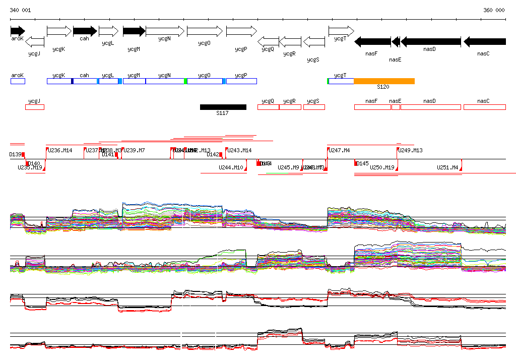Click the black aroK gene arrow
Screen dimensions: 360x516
coord(17,31)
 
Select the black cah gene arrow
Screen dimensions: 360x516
coord(85,31)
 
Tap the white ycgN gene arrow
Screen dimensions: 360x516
coord(164,31)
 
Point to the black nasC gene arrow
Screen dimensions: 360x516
coord(484,41)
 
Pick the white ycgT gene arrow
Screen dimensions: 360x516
coord(341,31)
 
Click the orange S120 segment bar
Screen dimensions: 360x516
coord(384,81)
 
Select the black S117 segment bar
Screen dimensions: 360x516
coord(223,107)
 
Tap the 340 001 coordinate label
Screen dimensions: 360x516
coord(20,10)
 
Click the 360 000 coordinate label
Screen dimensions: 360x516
coord(494,10)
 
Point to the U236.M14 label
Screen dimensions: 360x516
coord(60,150)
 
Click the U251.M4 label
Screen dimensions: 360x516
coord(447,167)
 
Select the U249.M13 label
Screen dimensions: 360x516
coord(410,150)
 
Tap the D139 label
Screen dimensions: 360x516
coord(15,154)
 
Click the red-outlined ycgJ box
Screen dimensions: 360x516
coord(35,107)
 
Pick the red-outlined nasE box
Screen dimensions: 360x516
coord(396,107)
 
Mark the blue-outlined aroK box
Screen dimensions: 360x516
coord(18,81)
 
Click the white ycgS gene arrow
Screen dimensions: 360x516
coord(314,41)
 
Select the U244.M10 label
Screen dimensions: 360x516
coord(231,167)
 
